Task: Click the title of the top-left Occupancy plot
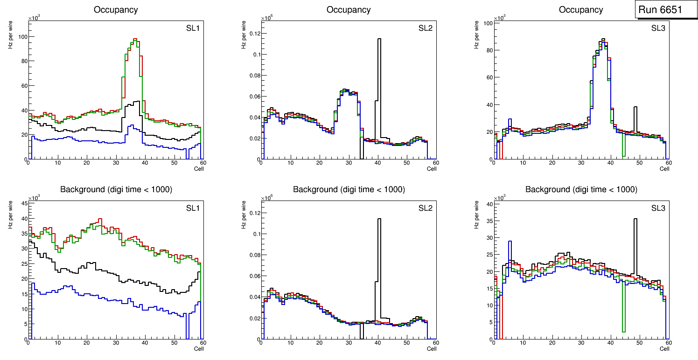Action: click(x=116, y=10)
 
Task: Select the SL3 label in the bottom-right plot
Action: click(x=658, y=208)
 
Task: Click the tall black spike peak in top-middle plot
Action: click(x=379, y=39)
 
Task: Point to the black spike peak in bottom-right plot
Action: click(x=635, y=219)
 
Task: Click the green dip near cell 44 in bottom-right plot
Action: click(x=623, y=332)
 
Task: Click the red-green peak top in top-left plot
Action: click(x=134, y=40)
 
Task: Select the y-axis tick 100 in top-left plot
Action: click(x=21, y=37)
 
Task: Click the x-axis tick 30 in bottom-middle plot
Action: click(x=348, y=344)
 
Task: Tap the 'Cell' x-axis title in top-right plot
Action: click(x=664, y=169)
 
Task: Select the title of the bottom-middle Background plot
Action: click(x=349, y=189)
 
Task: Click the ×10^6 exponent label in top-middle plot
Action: click(x=267, y=18)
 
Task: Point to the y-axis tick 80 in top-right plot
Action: click(x=487, y=50)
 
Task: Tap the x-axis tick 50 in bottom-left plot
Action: click(x=174, y=344)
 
